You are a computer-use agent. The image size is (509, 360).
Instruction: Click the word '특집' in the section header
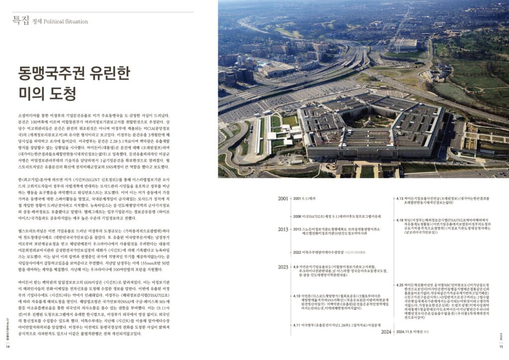(19, 20)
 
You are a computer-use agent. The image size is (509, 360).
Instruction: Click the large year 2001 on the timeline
(283, 199)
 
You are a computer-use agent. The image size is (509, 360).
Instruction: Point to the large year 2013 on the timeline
(283, 229)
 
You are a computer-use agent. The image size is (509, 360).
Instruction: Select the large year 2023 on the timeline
(283, 267)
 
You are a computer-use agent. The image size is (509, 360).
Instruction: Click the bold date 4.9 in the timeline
(296, 267)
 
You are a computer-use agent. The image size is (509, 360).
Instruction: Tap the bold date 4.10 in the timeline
(297, 295)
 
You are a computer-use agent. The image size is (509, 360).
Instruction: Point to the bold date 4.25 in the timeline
(400, 284)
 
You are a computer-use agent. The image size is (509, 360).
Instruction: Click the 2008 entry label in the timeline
(298, 216)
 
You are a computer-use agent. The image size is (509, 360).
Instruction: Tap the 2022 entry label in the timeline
(298, 252)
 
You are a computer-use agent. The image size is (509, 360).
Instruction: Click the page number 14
(7, 347)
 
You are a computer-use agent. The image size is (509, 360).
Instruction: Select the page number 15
(502, 347)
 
